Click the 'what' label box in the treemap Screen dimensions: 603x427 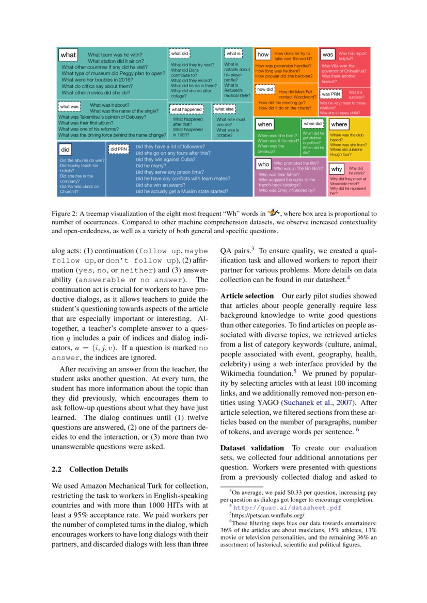pyautogui.click(x=68, y=55)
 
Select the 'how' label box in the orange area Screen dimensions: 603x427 pyautogui.click(x=263, y=54)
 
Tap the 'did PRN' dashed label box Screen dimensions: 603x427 pyautogui.click(x=119, y=149)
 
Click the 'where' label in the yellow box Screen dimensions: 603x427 pyautogui.click(x=339, y=124)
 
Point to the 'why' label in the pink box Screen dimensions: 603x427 pyautogui.click(x=337, y=169)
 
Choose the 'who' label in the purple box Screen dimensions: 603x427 pyautogui.click(x=263, y=165)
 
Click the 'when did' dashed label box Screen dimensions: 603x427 pyautogui.click(x=312, y=124)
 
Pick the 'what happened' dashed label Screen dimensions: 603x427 pyautogui.click(x=186, y=109)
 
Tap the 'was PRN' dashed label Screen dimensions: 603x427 pyautogui.click(x=331, y=94)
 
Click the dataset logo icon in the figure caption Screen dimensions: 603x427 pyautogui.click(x=274, y=211)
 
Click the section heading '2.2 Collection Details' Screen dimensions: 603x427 pyautogui.click(x=90, y=469)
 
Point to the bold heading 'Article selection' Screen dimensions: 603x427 pyautogui.click(x=247, y=296)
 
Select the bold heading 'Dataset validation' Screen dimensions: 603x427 pyautogui.click(x=252, y=448)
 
